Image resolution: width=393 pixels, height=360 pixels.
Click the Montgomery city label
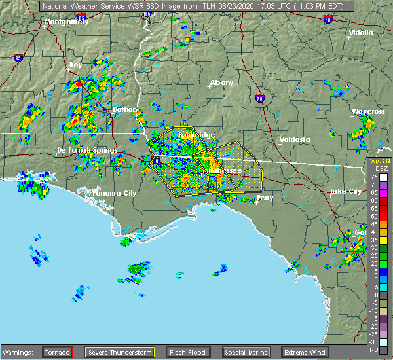pyautogui.click(x=65, y=22)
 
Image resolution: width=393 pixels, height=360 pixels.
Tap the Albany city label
pyautogui.click(x=221, y=83)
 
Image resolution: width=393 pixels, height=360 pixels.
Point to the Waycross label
pyautogui.click(x=367, y=112)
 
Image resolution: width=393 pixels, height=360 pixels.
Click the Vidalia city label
pyautogui.click(x=360, y=33)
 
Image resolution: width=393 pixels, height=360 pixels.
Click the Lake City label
pyautogui.click(x=345, y=191)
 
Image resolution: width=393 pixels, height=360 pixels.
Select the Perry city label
pyautogui.click(x=265, y=197)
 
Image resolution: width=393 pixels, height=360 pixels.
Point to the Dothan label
pyautogui.click(x=125, y=109)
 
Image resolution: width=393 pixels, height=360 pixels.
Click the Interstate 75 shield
pyautogui.click(x=261, y=96)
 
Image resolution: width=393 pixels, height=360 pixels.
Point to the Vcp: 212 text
pyautogui.click(x=379, y=162)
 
